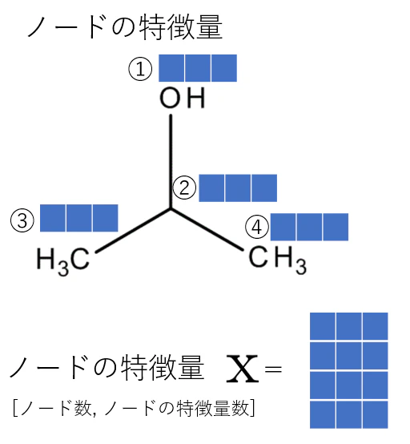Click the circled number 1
coord(140,69)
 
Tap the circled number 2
coord(184,188)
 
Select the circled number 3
coord(22,220)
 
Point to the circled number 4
coord(256,227)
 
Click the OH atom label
coord(183,98)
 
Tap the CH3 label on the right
coord(278,260)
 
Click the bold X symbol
coord(243,369)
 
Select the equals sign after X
coord(273,369)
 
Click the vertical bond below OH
coord(171,161)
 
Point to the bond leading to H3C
coord(133,231)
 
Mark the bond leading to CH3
coord(207,230)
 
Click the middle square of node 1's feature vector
coord(198,68)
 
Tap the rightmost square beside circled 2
coord(264,188)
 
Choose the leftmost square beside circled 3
coord(53,218)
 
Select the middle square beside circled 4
coord(309,227)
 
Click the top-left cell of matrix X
coord(323,326)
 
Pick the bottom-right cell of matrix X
coord(376,414)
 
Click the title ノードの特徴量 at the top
coord(125,27)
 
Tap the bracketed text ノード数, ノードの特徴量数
coord(134,408)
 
